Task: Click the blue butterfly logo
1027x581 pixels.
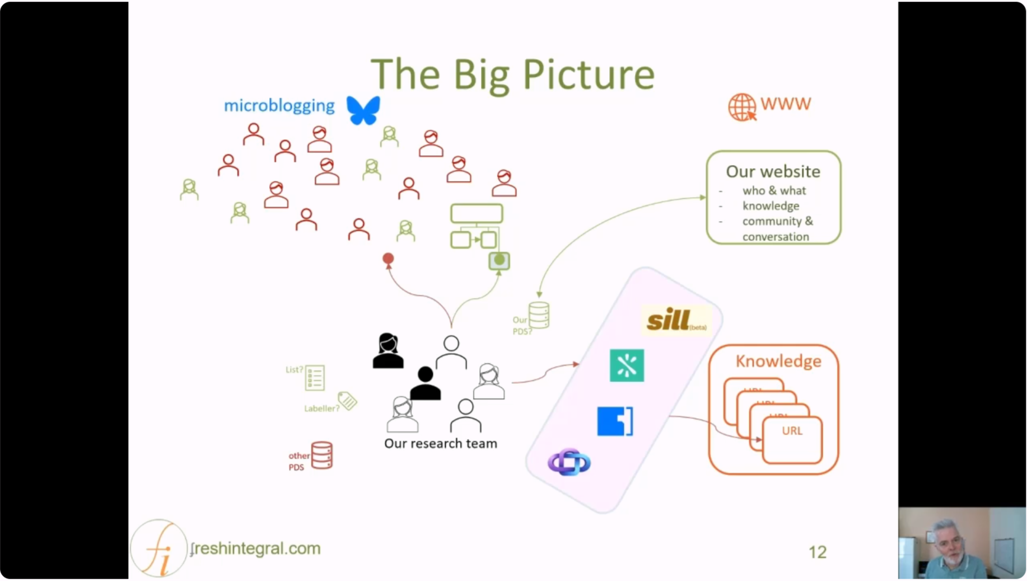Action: (363, 110)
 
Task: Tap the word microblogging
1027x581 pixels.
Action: (279, 106)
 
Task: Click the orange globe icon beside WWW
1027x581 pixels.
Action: (741, 107)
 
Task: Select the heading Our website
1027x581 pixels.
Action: (773, 171)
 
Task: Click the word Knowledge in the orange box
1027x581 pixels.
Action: (778, 361)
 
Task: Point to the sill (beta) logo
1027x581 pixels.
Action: (675, 321)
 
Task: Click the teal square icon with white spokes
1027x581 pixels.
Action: (627, 366)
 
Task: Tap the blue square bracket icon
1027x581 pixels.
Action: (615, 421)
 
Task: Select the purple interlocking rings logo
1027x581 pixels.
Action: (569, 462)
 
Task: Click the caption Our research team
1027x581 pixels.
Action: (440, 443)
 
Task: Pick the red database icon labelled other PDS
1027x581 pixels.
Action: (322, 455)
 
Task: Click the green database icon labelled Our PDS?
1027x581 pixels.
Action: (539, 315)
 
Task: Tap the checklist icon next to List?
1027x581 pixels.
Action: (315, 378)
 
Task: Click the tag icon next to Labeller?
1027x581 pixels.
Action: (347, 401)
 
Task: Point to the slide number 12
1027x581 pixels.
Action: (817, 552)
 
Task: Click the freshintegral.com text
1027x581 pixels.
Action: (256, 549)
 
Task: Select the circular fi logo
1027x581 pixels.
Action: (158, 549)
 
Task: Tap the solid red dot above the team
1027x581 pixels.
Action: (388, 258)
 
